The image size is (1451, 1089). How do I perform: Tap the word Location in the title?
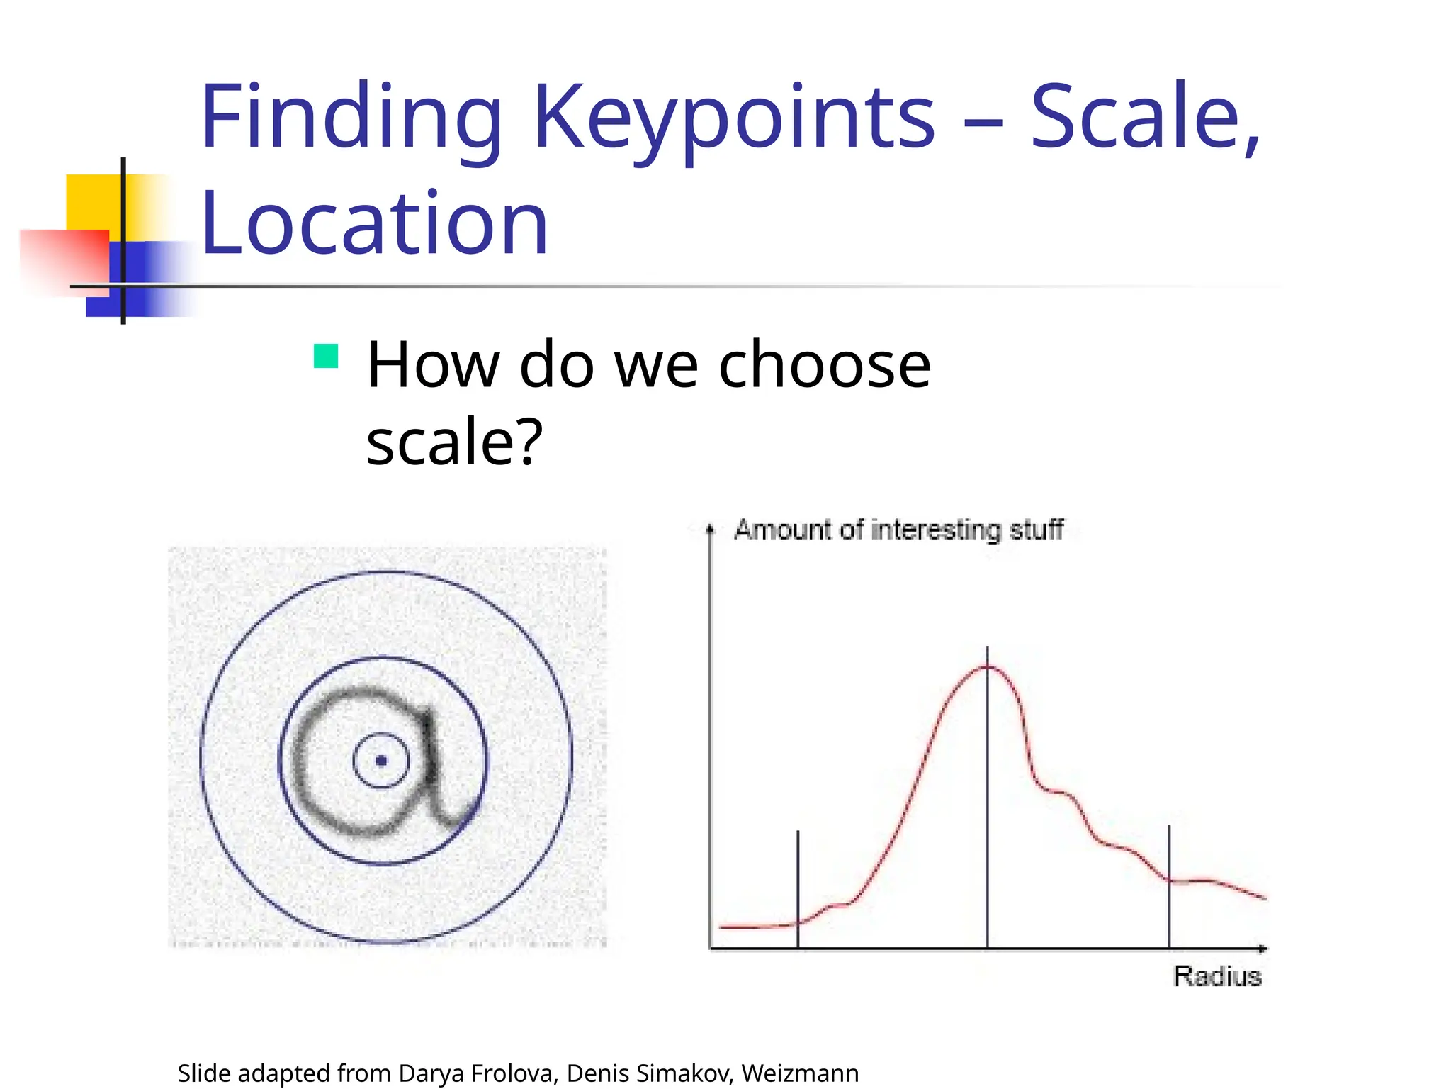pyautogui.click(x=375, y=223)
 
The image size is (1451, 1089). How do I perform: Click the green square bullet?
pyautogui.click(x=326, y=356)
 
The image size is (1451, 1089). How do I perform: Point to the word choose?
pyautogui.click(x=824, y=365)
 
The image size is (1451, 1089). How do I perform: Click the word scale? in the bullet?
pyautogui.click(x=454, y=441)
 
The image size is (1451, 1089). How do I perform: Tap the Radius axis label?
pyautogui.click(x=1217, y=976)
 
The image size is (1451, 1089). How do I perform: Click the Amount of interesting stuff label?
pyautogui.click(x=898, y=530)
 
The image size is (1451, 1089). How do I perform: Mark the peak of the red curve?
pyautogui.click(x=987, y=666)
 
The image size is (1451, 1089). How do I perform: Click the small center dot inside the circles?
pyautogui.click(x=381, y=761)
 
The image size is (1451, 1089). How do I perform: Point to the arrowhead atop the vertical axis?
pyautogui.click(x=710, y=529)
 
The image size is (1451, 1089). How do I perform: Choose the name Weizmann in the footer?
pyautogui.click(x=800, y=1073)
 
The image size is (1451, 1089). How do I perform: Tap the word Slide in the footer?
pyautogui.click(x=204, y=1073)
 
